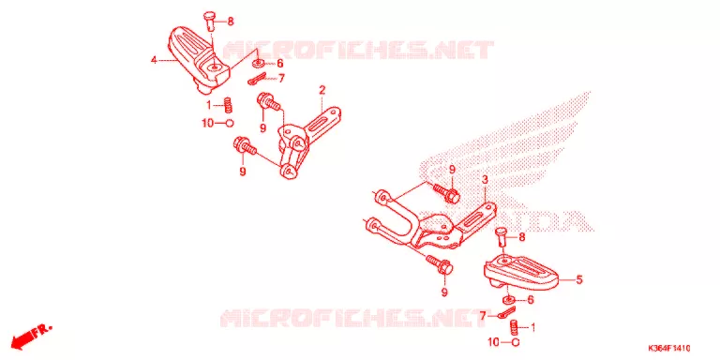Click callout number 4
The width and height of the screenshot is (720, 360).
(155, 60)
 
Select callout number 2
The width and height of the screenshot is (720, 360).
(322, 90)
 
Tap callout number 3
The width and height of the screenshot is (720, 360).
(484, 179)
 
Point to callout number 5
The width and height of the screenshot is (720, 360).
(579, 279)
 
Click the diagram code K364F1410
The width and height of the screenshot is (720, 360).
(669, 348)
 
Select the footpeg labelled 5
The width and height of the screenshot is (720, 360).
(521, 273)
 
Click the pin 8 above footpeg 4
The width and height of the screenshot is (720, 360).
(209, 21)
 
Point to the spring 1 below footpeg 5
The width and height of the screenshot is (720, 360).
(514, 328)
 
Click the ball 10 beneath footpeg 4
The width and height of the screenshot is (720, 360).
(230, 123)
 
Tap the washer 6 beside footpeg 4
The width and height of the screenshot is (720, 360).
(259, 63)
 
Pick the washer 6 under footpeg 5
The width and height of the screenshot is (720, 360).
(509, 300)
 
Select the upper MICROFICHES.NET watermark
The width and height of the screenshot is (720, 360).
(358, 50)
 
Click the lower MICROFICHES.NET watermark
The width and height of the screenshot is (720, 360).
(353, 318)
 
